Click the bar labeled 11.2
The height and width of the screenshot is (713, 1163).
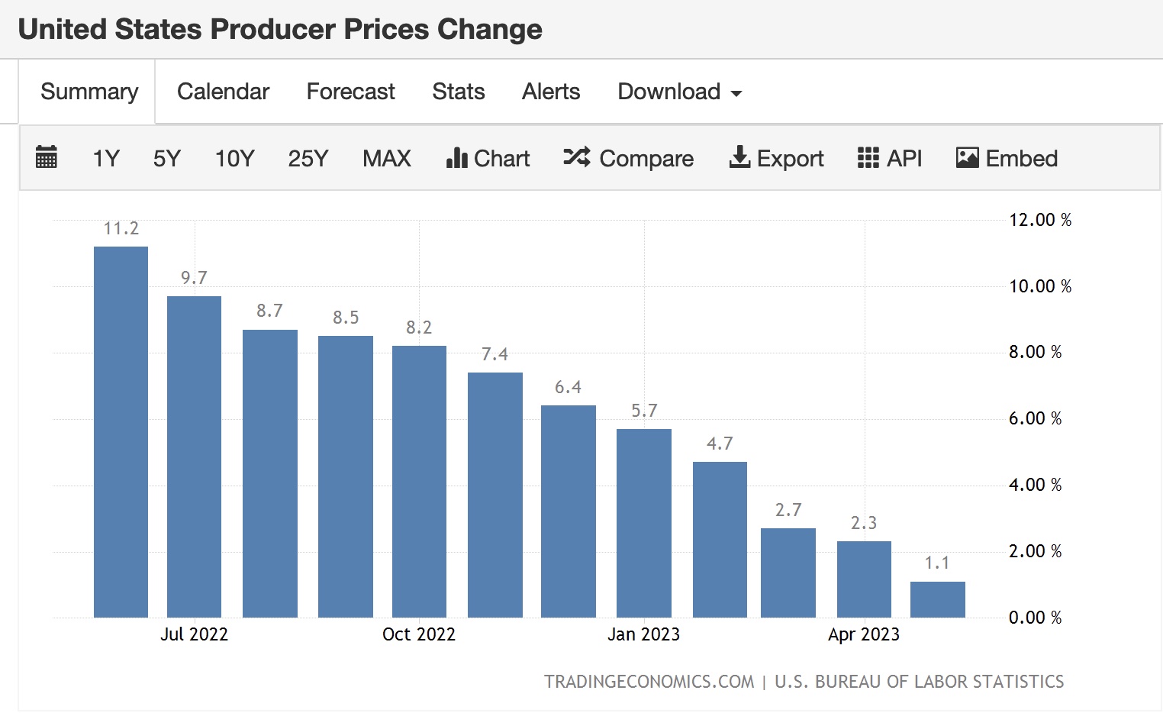click(x=121, y=431)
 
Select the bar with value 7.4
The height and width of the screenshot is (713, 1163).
click(x=495, y=495)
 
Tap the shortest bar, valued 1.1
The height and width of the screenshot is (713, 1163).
click(x=937, y=599)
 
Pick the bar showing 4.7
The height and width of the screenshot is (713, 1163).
click(x=720, y=539)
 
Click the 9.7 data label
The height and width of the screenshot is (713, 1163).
click(x=194, y=278)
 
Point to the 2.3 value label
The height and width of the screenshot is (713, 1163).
click(x=864, y=523)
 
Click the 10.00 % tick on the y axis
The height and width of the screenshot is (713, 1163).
click(x=1039, y=286)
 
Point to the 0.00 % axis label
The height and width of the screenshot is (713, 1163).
click(x=1035, y=618)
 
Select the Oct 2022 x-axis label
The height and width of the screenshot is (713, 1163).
click(x=418, y=634)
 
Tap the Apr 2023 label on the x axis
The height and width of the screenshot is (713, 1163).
click(x=864, y=634)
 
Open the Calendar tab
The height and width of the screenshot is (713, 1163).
click(x=223, y=92)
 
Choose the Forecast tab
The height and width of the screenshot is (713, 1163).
click(x=350, y=92)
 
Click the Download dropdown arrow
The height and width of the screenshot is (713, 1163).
click(x=736, y=93)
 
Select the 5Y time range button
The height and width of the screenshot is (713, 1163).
click(x=166, y=159)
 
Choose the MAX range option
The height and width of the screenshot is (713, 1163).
click(x=386, y=159)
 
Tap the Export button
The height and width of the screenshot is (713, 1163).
click(x=777, y=159)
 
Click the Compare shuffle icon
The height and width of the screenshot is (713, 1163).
click(x=576, y=157)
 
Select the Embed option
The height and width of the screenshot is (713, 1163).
click(x=1007, y=159)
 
